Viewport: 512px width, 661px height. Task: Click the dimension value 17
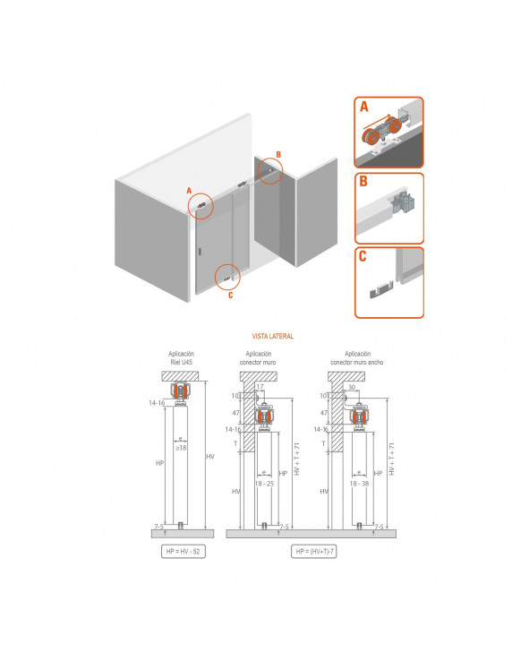259,387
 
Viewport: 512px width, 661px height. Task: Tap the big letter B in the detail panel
363,181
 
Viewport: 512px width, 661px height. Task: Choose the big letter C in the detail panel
363,256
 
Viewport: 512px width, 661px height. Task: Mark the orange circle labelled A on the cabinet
201,205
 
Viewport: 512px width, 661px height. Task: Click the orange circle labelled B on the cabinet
269,170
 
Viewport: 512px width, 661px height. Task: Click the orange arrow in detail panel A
381,124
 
